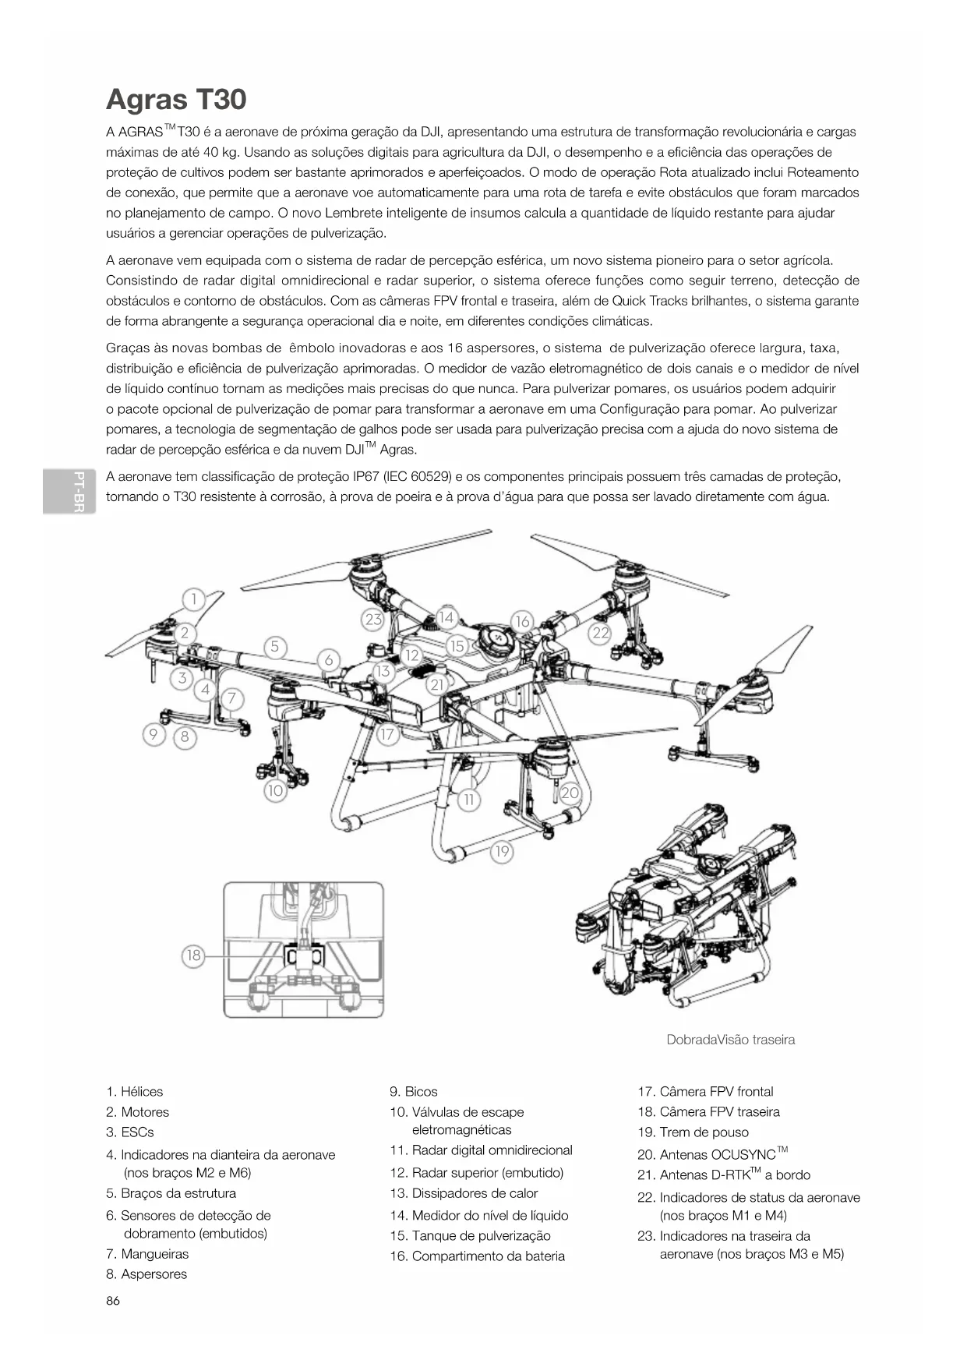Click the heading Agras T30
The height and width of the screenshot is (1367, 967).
tap(176, 100)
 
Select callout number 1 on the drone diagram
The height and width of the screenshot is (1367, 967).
tap(193, 599)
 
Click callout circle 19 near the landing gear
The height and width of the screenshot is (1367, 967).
tap(502, 851)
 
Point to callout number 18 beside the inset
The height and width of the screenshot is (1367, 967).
tap(193, 955)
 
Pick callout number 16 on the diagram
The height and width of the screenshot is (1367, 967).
tap(522, 621)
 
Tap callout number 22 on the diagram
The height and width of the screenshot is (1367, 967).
tap(600, 633)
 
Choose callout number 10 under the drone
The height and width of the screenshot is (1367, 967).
tap(275, 791)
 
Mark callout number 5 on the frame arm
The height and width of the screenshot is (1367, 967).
tap(274, 647)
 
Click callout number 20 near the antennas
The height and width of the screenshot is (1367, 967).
tap(570, 793)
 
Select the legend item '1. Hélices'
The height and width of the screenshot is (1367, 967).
tap(135, 1091)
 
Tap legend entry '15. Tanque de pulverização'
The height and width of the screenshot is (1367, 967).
tap(470, 1235)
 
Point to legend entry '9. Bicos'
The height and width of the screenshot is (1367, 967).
tap(414, 1091)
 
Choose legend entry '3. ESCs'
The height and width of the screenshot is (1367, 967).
tap(130, 1132)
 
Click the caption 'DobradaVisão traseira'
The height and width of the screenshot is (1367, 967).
tap(730, 1040)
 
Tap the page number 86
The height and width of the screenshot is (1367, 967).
tap(113, 1301)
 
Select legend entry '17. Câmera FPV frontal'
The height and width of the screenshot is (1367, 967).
tap(705, 1091)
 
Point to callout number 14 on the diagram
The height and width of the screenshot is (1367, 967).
tap(446, 618)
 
